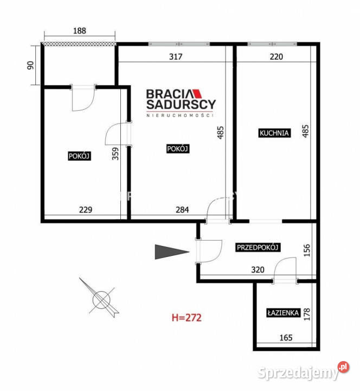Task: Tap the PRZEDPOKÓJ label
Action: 258,248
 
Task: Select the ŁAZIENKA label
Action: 283,313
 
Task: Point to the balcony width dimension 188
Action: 79,31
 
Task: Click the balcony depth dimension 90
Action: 30,65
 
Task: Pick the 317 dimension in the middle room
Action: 175,56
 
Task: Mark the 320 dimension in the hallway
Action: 258,269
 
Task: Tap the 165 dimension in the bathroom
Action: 286,337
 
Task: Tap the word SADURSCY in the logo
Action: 181,104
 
